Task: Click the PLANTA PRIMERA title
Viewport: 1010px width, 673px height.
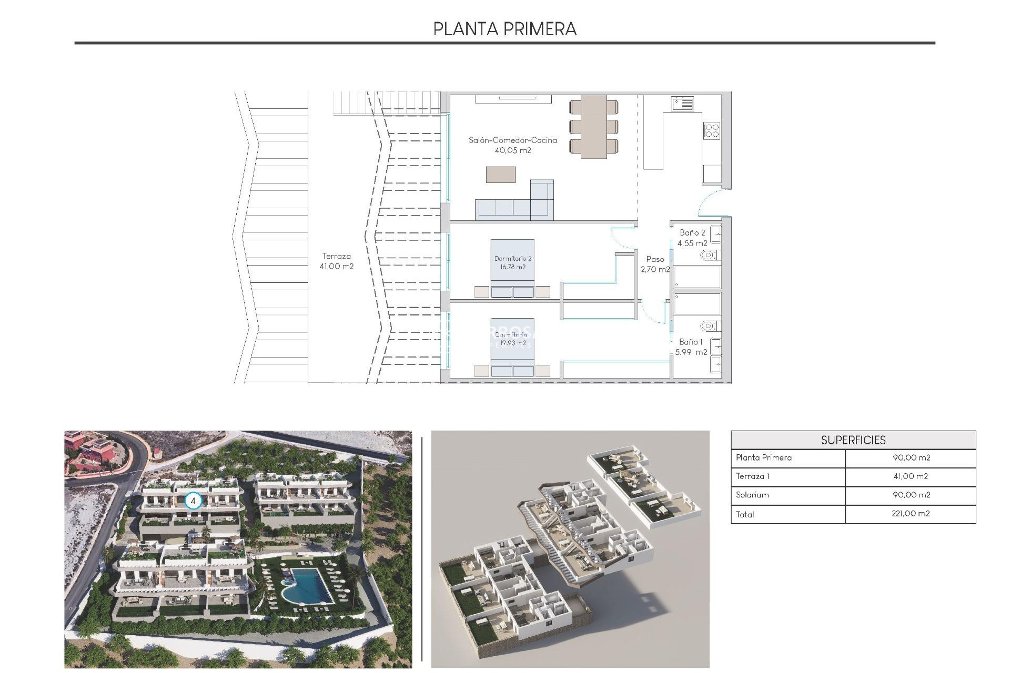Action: click(504, 29)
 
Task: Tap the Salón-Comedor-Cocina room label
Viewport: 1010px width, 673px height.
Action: click(513, 145)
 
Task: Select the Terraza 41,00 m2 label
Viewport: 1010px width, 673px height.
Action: click(337, 261)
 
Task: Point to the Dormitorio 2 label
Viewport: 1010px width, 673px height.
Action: click(513, 262)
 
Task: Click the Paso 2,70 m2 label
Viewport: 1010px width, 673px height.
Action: click(655, 264)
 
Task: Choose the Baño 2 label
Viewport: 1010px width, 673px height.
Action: click(692, 238)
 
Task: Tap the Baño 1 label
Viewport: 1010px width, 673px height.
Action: click(691, 347)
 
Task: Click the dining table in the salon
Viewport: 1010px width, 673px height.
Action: click(593, 126)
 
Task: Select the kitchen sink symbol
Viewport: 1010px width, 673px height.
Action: click(682, 103)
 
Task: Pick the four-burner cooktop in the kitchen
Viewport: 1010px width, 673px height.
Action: click(712, 130)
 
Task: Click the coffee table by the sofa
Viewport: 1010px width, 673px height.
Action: click(500, 174)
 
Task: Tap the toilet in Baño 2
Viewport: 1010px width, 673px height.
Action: click(709, 256)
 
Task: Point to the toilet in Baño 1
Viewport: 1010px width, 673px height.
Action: click(709, 326)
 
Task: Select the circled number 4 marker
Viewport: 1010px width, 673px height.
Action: click(193, 501)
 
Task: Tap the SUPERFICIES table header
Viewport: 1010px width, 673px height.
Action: click(853, 440)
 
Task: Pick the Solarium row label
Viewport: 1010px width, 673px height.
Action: click(752, 495)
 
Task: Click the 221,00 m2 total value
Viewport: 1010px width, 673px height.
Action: click(911, 514)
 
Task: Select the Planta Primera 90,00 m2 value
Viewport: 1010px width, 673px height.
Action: click(911, 458)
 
